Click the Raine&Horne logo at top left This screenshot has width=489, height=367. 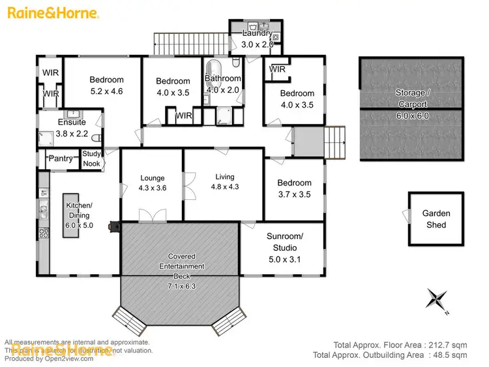[54, 13]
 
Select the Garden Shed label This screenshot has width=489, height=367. [436, 219]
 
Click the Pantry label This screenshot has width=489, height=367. [61, 159]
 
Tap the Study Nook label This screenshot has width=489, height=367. [92, 159]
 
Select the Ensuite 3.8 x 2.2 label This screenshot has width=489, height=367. [71, 127]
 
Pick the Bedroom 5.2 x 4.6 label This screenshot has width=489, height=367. [106, 86]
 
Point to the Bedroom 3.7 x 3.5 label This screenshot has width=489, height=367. [294, 189]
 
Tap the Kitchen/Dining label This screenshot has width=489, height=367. [80, 215]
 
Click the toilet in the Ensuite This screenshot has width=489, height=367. [96, 138]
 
